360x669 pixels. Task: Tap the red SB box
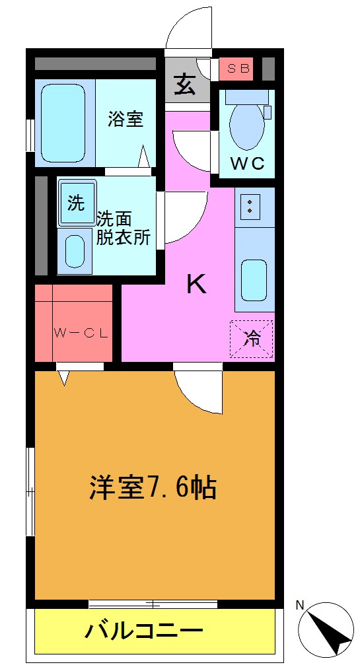coord(236,69)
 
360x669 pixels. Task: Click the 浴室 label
coord(126,120)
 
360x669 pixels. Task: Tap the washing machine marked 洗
coord(76,203)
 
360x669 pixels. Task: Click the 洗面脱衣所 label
coord(124,228)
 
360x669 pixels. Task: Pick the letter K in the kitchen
coord(197,284)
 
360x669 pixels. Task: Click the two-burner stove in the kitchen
coord(250,205)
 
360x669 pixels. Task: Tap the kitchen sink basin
coord(254,279)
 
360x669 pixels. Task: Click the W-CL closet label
coord(81,334)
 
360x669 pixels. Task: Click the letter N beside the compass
coord(299,604)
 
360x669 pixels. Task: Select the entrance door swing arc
coord(189,30)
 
